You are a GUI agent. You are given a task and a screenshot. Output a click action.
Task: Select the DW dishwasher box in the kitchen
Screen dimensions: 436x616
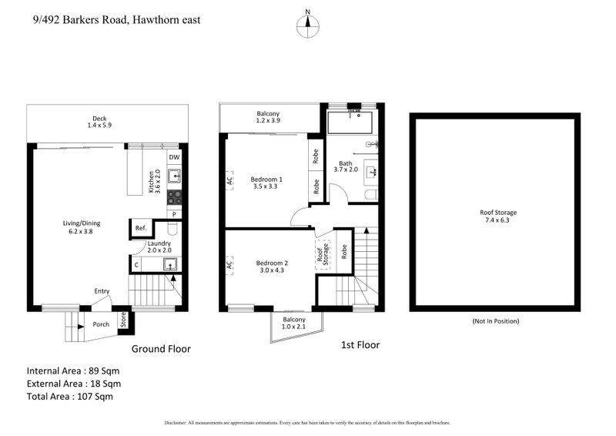click(175, 157)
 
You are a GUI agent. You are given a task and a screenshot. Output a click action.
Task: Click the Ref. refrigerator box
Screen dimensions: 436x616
click(141, 228)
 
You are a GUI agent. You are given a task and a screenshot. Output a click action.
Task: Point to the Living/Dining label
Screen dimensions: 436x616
click(82, 228)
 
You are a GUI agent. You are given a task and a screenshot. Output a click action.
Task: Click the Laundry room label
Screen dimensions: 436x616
click(159, 247)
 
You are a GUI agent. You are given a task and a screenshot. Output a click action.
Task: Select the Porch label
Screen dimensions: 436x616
click(101, 324)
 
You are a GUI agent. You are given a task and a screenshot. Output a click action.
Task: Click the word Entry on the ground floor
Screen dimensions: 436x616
click(102, 290)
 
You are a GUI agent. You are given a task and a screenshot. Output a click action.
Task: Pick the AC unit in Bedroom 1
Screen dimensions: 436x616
click(229, 181)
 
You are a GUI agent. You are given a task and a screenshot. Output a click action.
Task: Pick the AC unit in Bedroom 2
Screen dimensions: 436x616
click(229, 265)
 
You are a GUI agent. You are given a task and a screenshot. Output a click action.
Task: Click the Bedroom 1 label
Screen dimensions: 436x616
click(266, 183)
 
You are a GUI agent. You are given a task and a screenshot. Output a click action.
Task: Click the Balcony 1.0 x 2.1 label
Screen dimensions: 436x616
click(294, 324)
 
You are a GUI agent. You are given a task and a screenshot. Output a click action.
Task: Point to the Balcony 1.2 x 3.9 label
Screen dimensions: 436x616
click(268, 118)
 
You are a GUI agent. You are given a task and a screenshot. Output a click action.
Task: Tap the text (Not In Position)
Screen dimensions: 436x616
click(495, 320)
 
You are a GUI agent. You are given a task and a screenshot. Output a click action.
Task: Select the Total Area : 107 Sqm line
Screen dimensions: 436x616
click(69, 397)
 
